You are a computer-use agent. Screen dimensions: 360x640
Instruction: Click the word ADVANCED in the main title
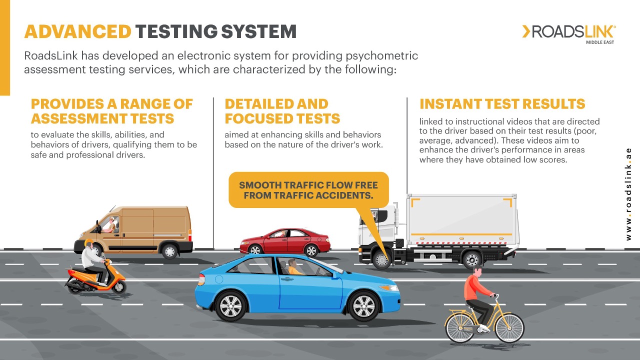[77, 31]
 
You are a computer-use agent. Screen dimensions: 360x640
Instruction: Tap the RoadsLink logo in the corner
[569, 33]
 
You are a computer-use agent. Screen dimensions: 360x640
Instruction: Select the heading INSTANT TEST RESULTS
[502, 104]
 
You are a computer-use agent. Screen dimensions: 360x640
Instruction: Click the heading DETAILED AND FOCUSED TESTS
[282, 111]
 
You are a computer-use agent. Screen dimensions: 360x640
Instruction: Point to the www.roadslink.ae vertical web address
[628, 194]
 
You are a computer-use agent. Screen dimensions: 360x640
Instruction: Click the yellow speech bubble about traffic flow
[308, 189]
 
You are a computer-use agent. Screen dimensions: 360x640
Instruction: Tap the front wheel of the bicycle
[508, 328]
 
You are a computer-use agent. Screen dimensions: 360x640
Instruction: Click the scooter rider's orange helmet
[89, 243]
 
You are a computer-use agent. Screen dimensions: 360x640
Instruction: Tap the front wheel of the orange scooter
[118, 286]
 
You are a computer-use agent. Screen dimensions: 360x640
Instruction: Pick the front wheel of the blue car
[364, 305]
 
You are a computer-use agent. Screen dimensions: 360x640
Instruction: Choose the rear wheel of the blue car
[230, 305]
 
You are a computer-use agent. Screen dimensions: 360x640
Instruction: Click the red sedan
[285, 241]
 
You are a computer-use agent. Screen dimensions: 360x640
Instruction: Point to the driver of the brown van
[109, 226]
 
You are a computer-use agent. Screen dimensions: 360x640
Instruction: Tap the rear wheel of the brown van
[170, 250]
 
